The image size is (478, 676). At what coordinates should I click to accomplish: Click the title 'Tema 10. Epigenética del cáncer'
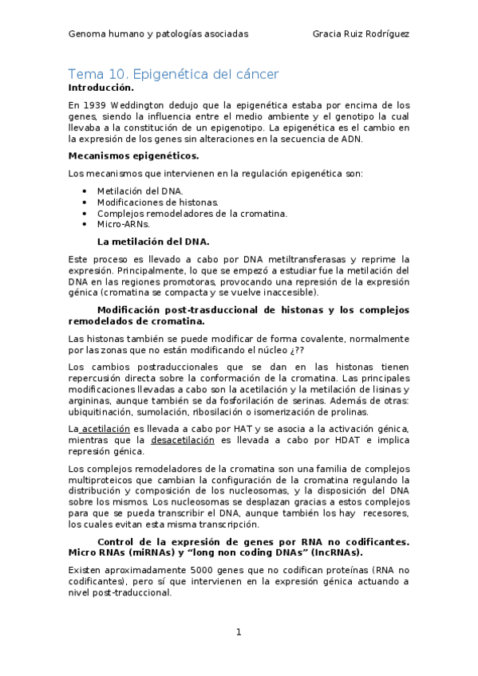point(173,74)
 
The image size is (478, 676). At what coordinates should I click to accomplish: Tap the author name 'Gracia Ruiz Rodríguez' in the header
point(361,34)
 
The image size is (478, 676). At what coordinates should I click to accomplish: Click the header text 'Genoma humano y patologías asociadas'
point(158,34)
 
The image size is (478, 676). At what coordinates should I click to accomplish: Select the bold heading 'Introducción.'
point(101,87)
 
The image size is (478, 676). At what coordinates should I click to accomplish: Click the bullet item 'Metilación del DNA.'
point(140,191)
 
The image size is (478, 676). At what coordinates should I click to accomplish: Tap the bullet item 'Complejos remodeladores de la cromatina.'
point(192,214)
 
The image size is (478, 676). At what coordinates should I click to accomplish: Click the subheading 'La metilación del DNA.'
point(153,241)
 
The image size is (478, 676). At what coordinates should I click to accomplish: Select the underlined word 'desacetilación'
point(183,441)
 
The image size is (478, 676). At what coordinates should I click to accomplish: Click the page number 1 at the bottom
point(238,632)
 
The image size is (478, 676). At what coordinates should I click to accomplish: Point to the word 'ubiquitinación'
point(98,412)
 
